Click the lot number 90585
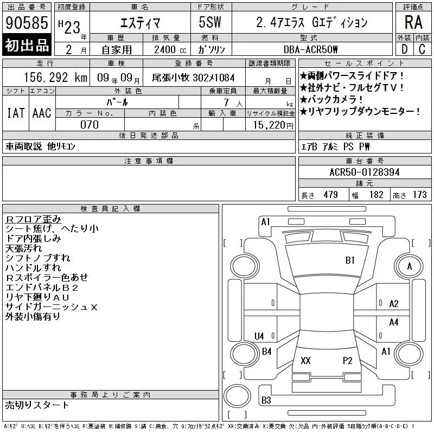point(27,23)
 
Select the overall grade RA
point(413,22)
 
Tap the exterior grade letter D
point(404,49)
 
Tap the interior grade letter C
point(422,49)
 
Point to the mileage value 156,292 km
point(56,78)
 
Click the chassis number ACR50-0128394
point(365,172)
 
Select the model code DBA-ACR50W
point(310,49)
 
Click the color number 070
point(90,125)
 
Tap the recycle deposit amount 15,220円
point(273,125)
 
